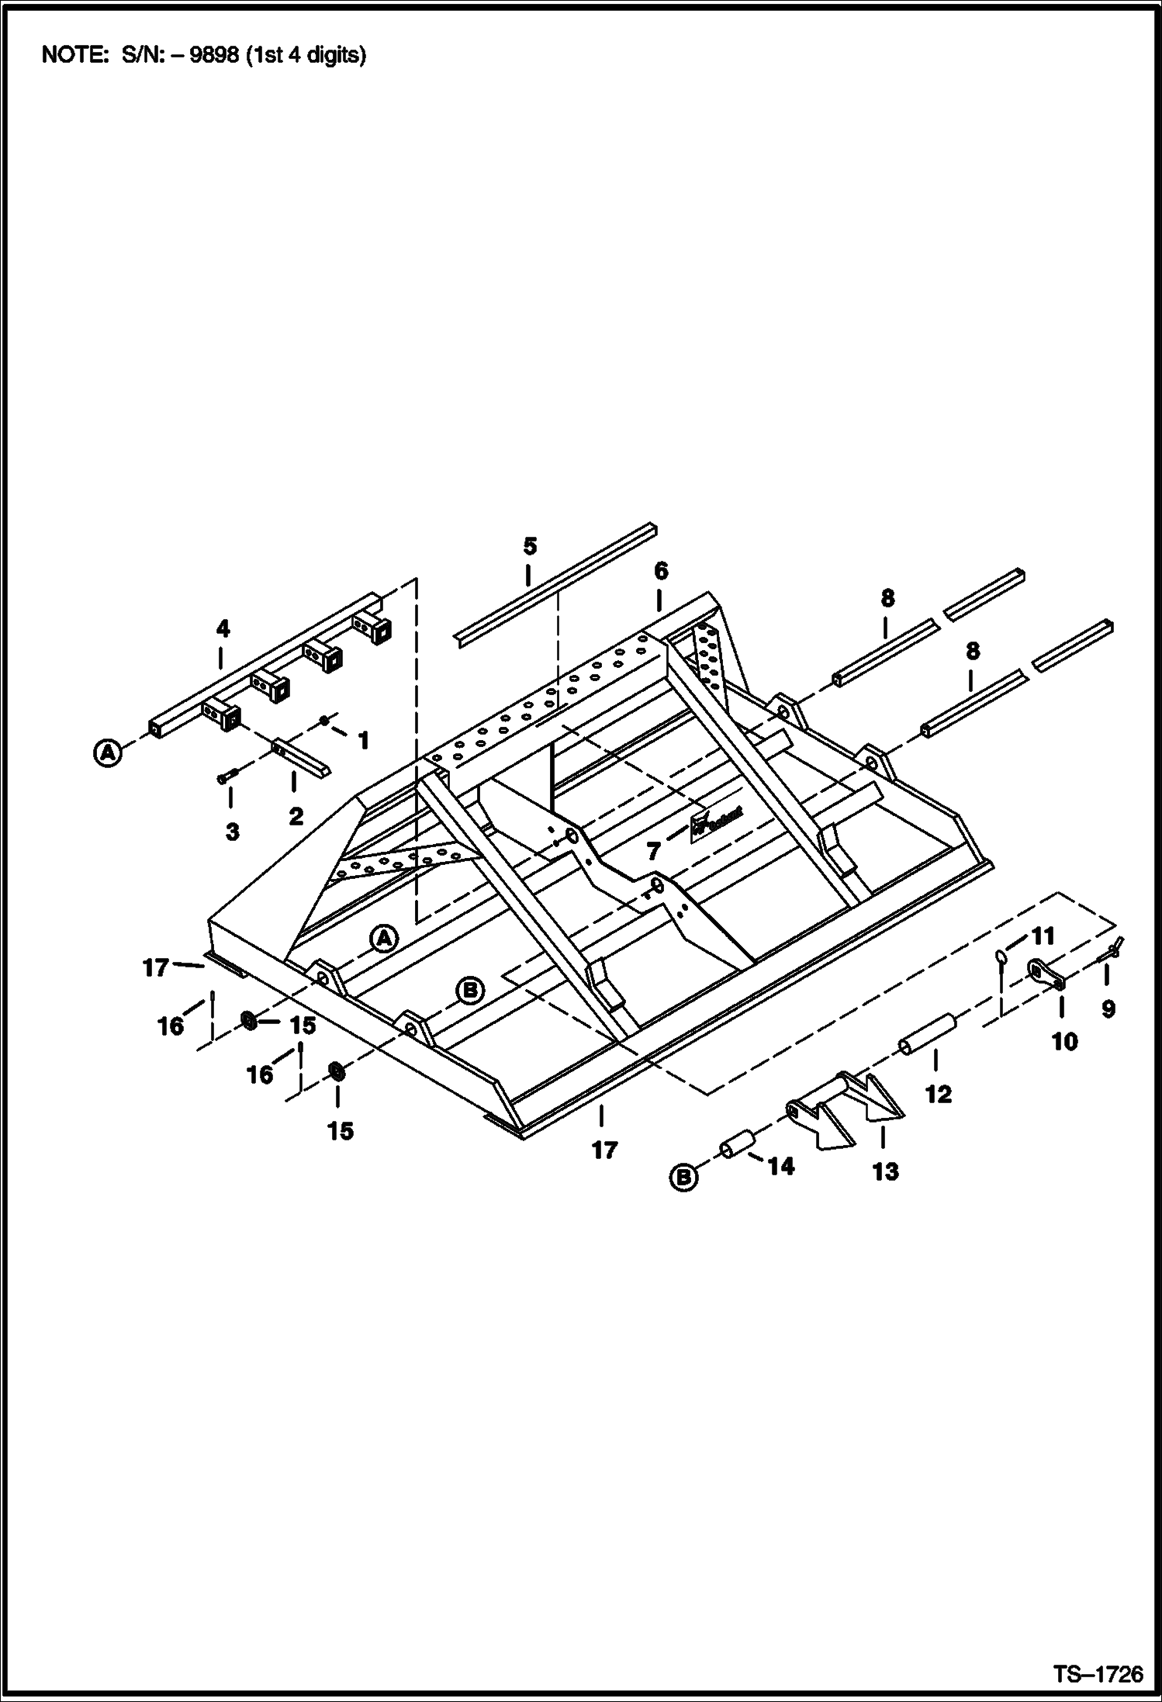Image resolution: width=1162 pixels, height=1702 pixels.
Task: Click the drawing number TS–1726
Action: click(x=1098, y=1674)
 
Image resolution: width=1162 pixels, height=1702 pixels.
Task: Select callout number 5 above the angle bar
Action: click(x=530, y=546)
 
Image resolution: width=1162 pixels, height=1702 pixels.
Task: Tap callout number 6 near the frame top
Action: click(x=660, y=572)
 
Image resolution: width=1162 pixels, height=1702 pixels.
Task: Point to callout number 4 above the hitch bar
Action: click(x=223, y=628)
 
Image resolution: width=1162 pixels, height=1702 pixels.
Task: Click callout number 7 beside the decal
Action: click(x=654, y=852)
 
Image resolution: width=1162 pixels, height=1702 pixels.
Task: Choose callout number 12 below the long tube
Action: click(x=938, y=1094)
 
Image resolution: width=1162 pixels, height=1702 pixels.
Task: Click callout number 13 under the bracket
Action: click(x=885, y=1171)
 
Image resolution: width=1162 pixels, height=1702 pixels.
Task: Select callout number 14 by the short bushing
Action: click(x=781, y=1166)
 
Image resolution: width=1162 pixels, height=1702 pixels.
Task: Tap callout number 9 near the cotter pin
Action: click(x=1108, y=1008)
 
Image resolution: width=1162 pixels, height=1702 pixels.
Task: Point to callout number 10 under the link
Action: click(x=1064, y=1042)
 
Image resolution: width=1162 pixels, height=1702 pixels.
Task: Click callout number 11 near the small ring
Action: click(x=1043, y=936)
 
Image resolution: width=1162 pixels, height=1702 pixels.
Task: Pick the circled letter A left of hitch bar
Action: click(x=109, y=752)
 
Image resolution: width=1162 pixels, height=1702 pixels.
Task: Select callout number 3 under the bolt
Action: click(x=232, y=832)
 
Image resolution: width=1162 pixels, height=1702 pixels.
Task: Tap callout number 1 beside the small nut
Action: click(x=362, y=740)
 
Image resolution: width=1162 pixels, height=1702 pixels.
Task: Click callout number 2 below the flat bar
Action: click(x=296, y=816)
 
